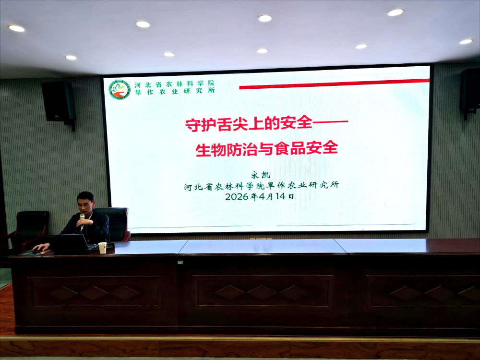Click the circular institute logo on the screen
(120, 90)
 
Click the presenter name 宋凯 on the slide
(261, 175)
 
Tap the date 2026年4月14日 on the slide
(260, 196)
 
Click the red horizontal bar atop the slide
(334, 84)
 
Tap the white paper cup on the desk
(102, 248)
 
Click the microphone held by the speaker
(82, 221)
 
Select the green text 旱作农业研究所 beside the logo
(175, 91)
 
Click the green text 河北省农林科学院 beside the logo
(175, 84)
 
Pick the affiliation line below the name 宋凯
(262, 185)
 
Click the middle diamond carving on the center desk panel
(262, 293)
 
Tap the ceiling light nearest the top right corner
(395, 12)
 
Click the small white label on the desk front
(180, 263)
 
